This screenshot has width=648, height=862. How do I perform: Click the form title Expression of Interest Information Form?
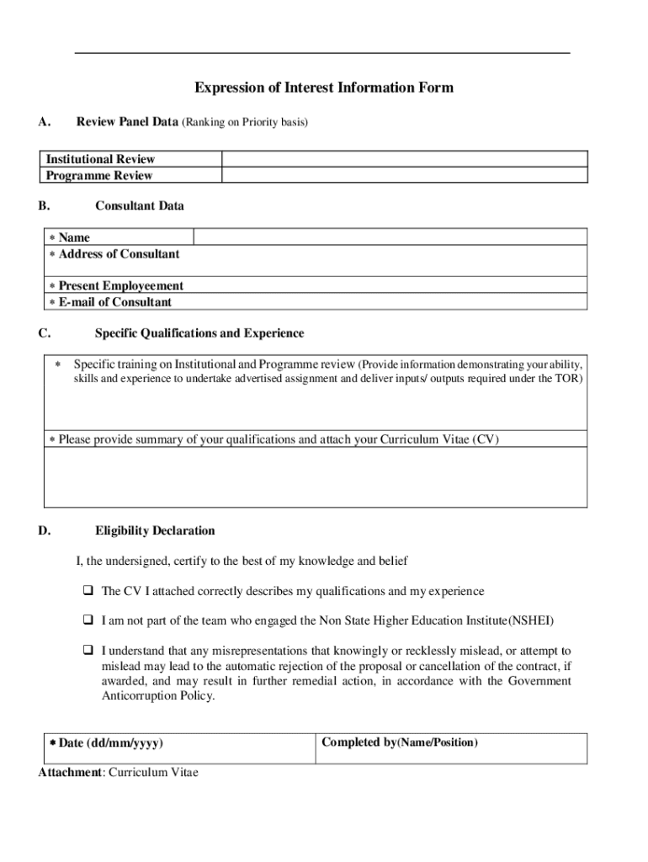click(324, 88)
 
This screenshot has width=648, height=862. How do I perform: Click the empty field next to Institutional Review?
click(404, 159)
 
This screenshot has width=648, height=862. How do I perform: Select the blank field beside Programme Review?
click(404, 175)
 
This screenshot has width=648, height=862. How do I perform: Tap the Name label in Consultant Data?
click(74, 237)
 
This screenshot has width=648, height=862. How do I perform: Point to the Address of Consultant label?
click(119, 253)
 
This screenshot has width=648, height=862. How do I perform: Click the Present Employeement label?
click(120, 286)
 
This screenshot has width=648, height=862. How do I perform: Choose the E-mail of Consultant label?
click(114, 302)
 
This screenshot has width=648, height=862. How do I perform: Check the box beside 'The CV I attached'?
click(87, 592)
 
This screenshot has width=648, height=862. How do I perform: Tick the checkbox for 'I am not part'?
click(87, 621)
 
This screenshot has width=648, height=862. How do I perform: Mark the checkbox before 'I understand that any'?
click(87, 651)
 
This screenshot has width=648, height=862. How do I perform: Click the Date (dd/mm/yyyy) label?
click(110, 743)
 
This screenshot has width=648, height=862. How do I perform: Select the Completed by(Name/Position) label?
click(400, 742)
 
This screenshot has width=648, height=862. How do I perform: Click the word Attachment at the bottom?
click(70, 772)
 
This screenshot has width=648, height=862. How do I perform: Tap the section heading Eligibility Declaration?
click(155, 531)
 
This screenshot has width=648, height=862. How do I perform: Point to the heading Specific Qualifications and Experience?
click(199, 333)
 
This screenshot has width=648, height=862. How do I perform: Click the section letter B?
click(43, 205)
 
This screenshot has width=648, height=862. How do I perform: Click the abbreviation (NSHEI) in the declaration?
click(531, 621)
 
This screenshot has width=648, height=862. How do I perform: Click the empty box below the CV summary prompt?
click(315, 476)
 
